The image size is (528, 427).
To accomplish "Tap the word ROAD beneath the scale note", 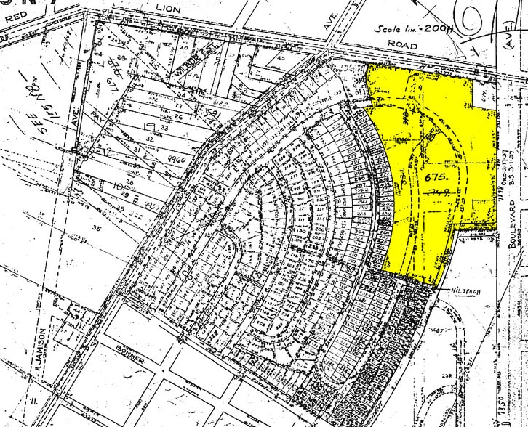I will [x=402, y=45].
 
